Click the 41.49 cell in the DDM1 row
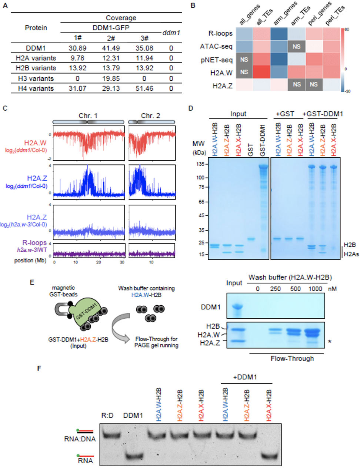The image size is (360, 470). point(111,48)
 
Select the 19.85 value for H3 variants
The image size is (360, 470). point(111,78)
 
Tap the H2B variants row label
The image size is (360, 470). point(36,68)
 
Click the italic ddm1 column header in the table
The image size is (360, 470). point(171,33)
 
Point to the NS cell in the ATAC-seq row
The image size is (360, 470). point(296,46)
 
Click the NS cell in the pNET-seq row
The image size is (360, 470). point(244,60)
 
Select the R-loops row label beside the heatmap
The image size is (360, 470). point(220,33)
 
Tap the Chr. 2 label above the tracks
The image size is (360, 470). point(150,116)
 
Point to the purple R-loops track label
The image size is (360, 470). point(34,243)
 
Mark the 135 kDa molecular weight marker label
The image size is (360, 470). point(200,164)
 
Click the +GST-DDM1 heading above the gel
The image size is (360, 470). point(323,114)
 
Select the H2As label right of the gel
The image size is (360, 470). point(351,254)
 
